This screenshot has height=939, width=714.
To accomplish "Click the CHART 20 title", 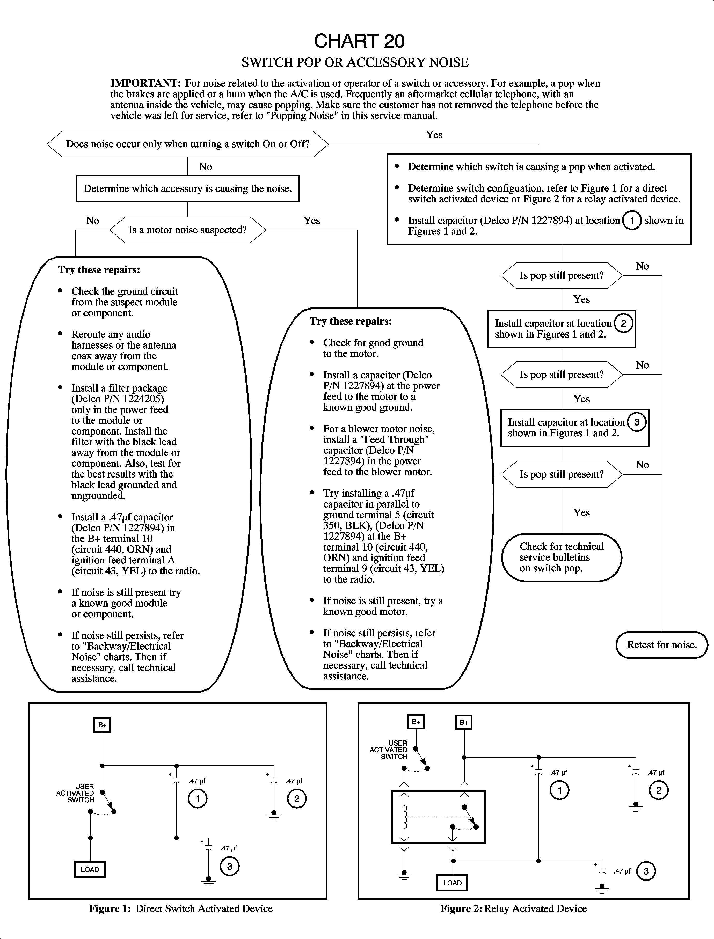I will click(359, 41).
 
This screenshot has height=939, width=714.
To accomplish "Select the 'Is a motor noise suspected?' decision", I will click(187, 230).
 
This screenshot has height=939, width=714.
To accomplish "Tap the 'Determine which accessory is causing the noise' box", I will click(187, 189).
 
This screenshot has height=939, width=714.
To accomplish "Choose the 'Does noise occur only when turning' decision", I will click(187, 144).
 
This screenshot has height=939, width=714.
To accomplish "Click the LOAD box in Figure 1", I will click(90, 869).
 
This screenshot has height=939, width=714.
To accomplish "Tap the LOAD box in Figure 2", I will click(452, 883).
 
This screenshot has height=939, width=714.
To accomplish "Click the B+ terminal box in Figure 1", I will click(102, 725).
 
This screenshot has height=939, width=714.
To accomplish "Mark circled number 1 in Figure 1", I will click(198, 799).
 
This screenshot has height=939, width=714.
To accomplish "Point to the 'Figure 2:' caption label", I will click(461, 908).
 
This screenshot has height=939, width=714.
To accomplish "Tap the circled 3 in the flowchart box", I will click(637, 422).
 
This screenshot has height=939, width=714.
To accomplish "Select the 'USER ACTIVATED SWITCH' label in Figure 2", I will click(389, 750).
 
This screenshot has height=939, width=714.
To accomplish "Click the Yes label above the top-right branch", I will click(434, 135).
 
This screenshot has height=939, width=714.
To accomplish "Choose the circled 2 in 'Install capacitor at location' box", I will click(623, 323).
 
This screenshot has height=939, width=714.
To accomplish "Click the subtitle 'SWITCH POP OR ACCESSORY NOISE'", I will click(355, 62).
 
